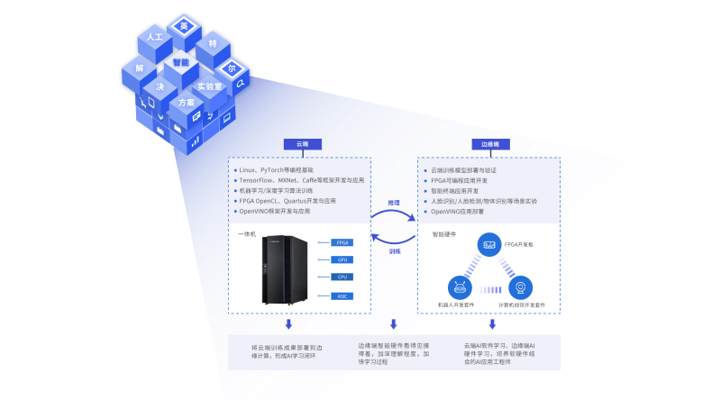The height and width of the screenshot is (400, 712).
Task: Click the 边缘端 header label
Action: point(491,143)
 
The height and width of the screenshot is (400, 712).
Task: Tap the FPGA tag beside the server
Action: point(342,242)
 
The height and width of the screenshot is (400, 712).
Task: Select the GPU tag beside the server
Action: point(342,259)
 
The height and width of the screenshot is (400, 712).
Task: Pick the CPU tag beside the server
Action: point(342,277)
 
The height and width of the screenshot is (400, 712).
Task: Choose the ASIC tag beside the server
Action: point(342,295)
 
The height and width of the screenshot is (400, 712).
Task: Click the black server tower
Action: point(285,269)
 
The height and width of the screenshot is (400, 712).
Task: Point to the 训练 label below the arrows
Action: point(395,251)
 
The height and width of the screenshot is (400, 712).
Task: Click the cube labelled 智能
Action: point(180,63)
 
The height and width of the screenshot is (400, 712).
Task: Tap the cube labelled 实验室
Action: point(209,86)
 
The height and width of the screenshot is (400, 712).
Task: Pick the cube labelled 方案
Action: point(186,104)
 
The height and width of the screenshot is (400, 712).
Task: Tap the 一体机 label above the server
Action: point(247,234)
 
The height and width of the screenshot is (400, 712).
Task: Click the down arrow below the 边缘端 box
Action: point(492,323)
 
